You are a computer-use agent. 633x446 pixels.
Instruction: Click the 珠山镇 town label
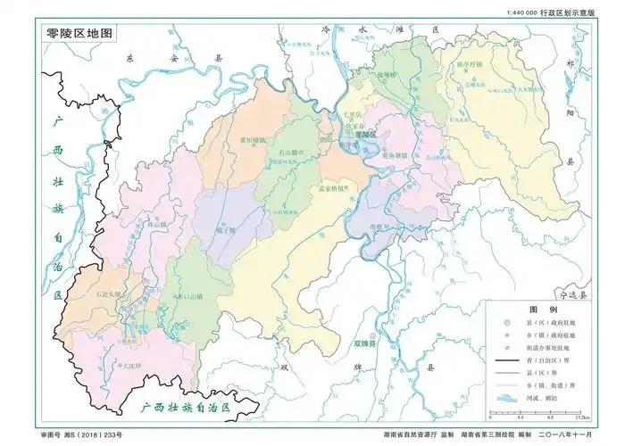coord(158,224)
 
